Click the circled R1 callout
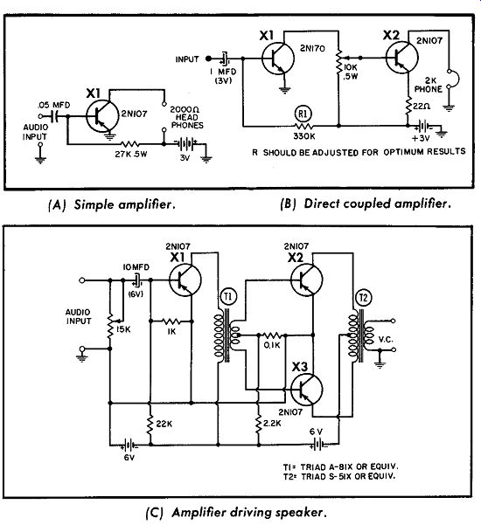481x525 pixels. [x=303, y=114]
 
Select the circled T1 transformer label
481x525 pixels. [x=228, y=297]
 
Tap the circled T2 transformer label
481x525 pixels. [x=364, y=298]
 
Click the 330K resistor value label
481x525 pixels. [x=304, y=136]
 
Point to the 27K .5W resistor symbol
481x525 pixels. [x=130, y=144]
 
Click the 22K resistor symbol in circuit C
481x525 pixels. [x=150, y=425]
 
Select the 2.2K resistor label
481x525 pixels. [x=272, y=423]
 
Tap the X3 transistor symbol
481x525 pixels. [x=307, y=390]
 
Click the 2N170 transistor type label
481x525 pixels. [x=312, y=49]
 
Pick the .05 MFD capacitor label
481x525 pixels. [x=53, y=105]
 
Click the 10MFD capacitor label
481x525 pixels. [x=136, y=267]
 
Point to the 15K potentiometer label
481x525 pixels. [x=123, y=329]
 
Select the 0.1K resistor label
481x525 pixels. [x=272, y=345]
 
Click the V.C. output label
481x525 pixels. [x=386, y=340]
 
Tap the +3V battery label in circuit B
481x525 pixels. [x=421, y=138]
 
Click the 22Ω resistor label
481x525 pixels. [x=422, y=107]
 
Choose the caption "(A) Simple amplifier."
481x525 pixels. [x=112, y=204]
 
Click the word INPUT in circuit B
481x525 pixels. [x=187, y=59]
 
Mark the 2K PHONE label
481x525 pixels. [x=428, y=85]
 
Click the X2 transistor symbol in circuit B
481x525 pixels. [x=402, y=57]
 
